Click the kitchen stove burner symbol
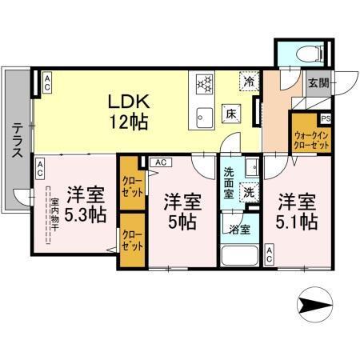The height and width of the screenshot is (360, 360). (x=203, y=83)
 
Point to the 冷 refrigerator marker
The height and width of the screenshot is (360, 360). (x=250, y=82)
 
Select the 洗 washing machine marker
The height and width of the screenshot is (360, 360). (x=250, y=192)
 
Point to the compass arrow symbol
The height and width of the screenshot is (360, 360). (x=314, y=304)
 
